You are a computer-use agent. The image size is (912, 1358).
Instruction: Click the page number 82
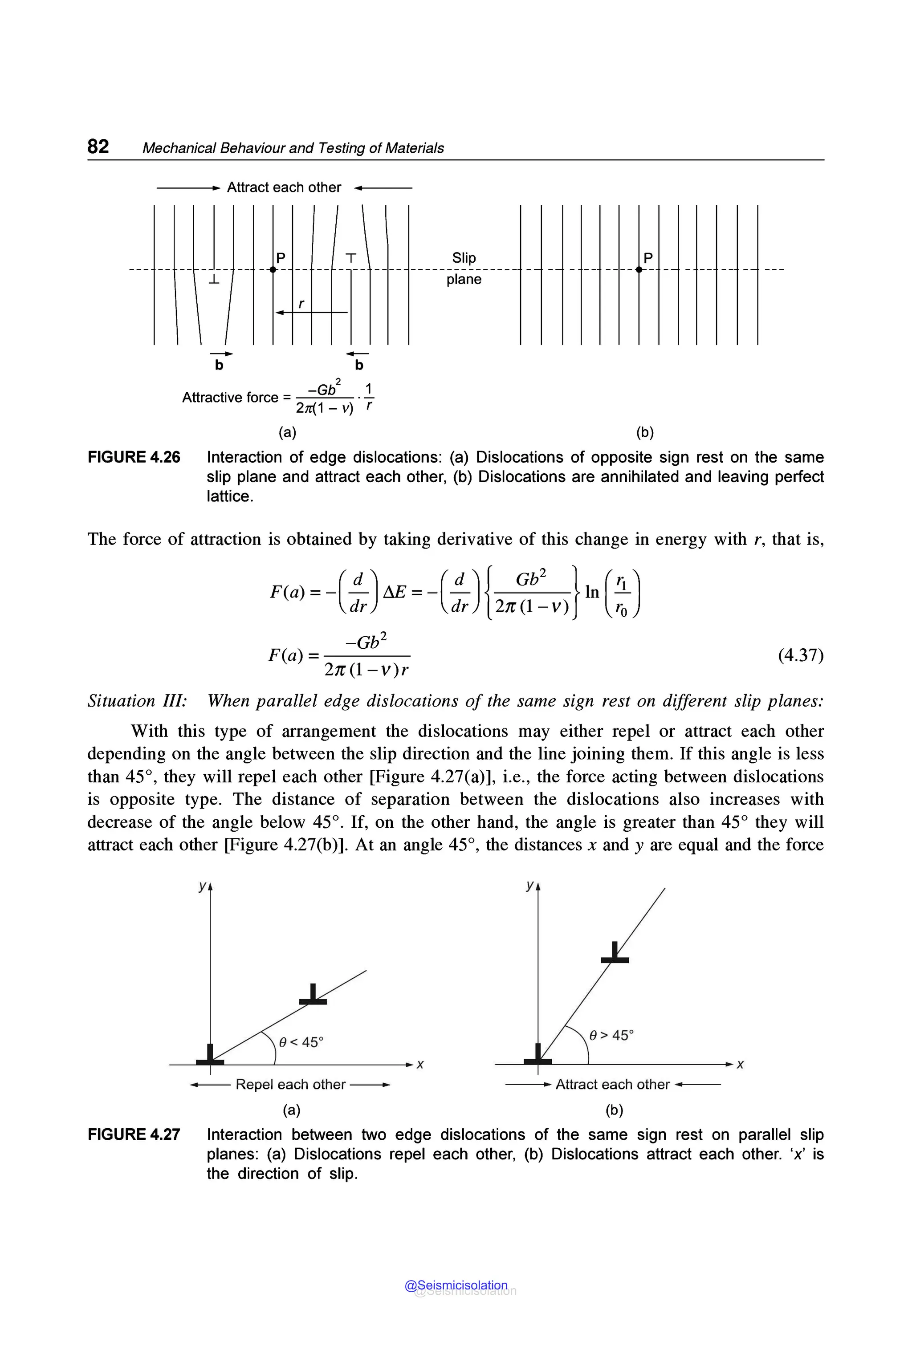[x=98, y=146]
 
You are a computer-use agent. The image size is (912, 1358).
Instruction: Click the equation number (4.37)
[x=800, y=655]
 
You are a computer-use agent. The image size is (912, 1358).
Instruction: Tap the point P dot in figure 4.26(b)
[x=639, y=270]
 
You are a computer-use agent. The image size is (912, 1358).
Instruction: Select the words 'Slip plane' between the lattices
[x=464, y=268]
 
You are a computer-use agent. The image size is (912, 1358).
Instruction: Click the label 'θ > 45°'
[x=611, y=1035]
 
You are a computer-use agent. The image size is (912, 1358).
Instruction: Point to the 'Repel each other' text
[x=290, y=1085]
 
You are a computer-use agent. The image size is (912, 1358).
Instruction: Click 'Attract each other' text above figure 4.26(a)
[x=284, y=187]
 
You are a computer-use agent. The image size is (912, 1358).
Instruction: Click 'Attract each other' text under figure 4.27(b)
[x=612, y=1085]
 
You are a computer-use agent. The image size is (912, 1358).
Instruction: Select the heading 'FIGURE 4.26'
[x=134, y=457]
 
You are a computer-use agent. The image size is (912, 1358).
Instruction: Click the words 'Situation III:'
[x=137, y=701]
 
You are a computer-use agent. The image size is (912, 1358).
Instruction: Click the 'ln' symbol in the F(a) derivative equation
[x=591, y=592]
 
